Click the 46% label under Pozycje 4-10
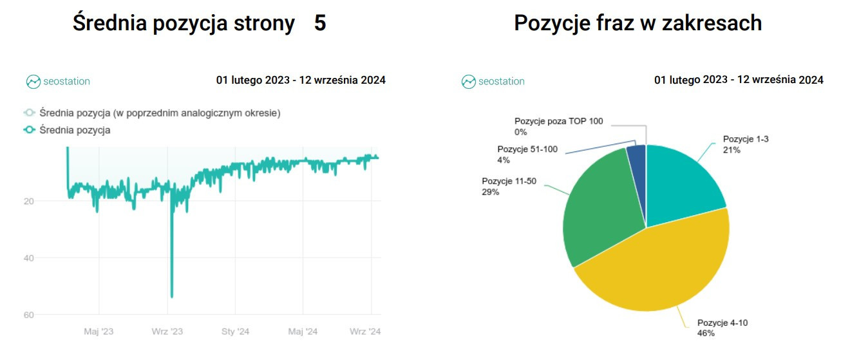click(x=706, y=334)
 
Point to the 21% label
click(x=732, y=149)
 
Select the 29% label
click(x=490, y=192)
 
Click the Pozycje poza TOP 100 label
click(x=559, y=121)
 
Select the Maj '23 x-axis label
click(x=99, y=332)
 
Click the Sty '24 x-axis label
click(x=235, y=332)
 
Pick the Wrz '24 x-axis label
click(x=365, y=332)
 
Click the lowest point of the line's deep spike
click(x=171, y=297)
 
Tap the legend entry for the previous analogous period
click(x=160, y=113)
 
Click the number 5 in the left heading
click(x=320, y=23)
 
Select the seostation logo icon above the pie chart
click(x=468, y=82)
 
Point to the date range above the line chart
click(x=301, y=81)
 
